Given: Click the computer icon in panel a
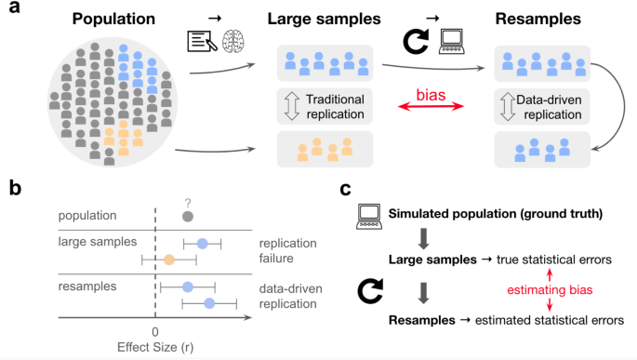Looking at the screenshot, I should click(x=451, y=41).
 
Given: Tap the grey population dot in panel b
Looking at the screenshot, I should click(x=188, y=216).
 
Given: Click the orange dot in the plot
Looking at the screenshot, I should click(x=168, y=260).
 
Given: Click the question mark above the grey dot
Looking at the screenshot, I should click(x=188, y=200).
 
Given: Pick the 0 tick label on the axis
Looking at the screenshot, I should click(x=154, y=331).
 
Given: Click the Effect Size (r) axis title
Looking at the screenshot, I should click(x=154, y=347).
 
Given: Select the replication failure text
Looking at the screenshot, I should click(x=288, y=250).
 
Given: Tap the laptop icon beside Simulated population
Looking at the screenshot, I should click(x=369, y=217).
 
